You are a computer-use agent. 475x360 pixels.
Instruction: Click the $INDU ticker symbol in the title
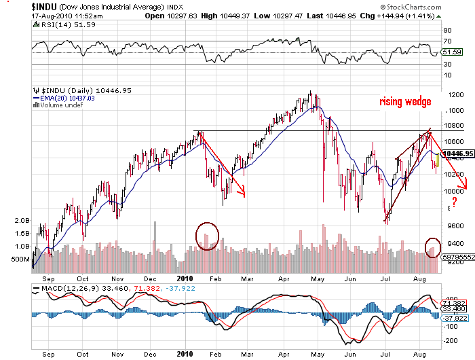(45, 7)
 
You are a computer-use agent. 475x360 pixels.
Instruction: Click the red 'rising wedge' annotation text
(405, 102)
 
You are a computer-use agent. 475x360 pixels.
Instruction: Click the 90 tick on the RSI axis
(447, 31)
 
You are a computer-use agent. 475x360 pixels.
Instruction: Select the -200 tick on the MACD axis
(450, 326)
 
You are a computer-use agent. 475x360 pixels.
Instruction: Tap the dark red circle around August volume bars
(432, 247)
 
